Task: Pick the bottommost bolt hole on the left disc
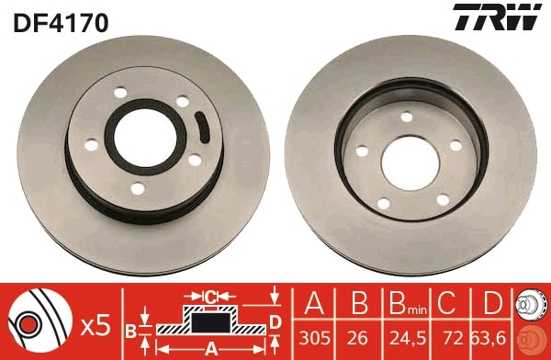point(137,189)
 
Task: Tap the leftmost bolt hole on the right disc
point(362,152)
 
